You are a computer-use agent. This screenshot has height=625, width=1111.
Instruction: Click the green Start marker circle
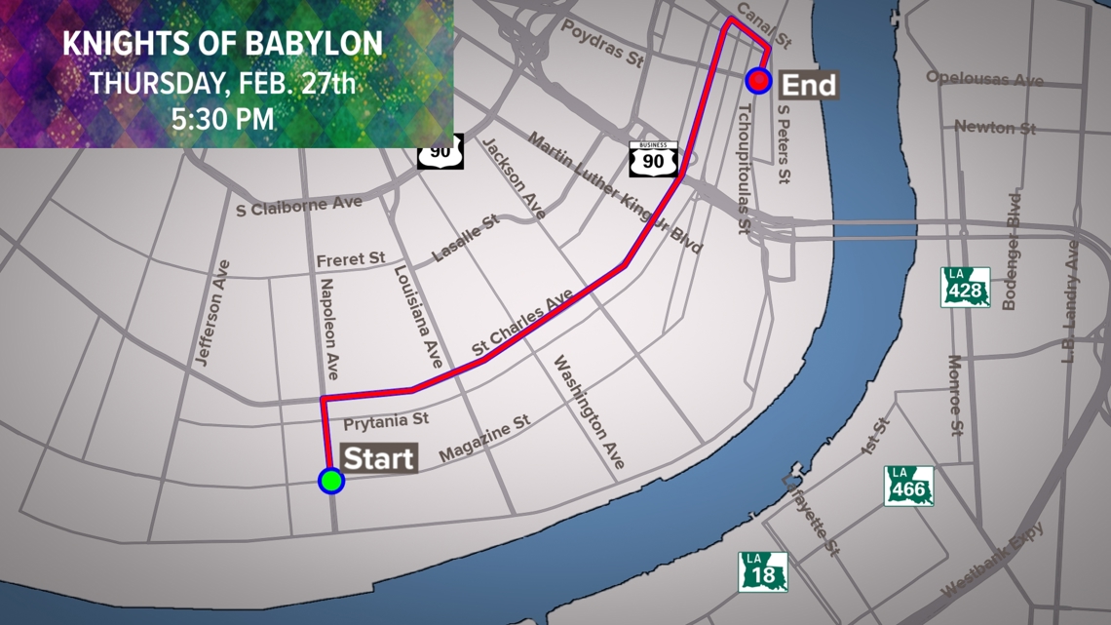pyautogui.click(x=331, y=481)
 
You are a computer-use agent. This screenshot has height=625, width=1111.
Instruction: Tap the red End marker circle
pyautogui.click(x=758, y=81)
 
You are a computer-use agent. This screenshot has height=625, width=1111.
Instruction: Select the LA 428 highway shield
pyautogui.click(x=965, y=287)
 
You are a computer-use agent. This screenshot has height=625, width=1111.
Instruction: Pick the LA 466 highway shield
pyautogui.click(x=909, y=486)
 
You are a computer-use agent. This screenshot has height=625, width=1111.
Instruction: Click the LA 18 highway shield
pyautogui.click(x=762, y=571)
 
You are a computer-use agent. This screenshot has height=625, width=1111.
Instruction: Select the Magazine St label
pyautogui.click(x=483, y=439)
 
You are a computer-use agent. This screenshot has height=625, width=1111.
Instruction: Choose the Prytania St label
pyautogui.click(x=387, y=421)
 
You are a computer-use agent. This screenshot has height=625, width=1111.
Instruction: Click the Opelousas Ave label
pyautogui.click(x=984, y=78)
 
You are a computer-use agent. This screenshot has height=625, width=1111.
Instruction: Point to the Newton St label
pyautogui.click(x=995, y=127)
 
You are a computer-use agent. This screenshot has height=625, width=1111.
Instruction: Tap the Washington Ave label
pyautogui.click(x=589, y=413)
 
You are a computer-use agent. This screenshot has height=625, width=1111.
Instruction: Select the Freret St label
pyautogui.click(x=351, y=259)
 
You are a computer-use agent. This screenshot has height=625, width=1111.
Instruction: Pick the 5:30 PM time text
pyautogui.click(x=222, y=120)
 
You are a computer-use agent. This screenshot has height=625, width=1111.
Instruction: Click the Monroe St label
pyautogui.click(x=956, y=395)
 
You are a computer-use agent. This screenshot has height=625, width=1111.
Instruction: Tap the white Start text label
pyautogui.click(x=380, y=458)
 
